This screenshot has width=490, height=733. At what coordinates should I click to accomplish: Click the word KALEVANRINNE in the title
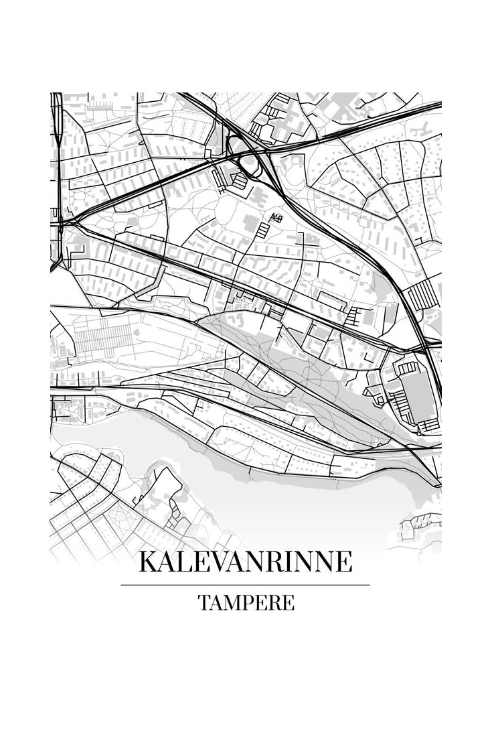click(x=245, y=561)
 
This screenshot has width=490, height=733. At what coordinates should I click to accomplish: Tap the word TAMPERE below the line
click(x=246, y=602)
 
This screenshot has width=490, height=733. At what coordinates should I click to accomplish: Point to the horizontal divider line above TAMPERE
click(x=245, y=585)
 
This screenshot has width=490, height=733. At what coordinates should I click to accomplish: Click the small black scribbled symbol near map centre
click(x=276, y=217)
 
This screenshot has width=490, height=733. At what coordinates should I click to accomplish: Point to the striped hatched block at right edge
click(x=421, y=295)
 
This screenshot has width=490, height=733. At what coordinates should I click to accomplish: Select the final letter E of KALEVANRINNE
click(x=343, y=561)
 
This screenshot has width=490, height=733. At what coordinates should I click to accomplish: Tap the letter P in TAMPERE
click(x=249, y=602)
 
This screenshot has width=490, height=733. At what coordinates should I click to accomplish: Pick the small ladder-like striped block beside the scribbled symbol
click(x=263, y=230)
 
